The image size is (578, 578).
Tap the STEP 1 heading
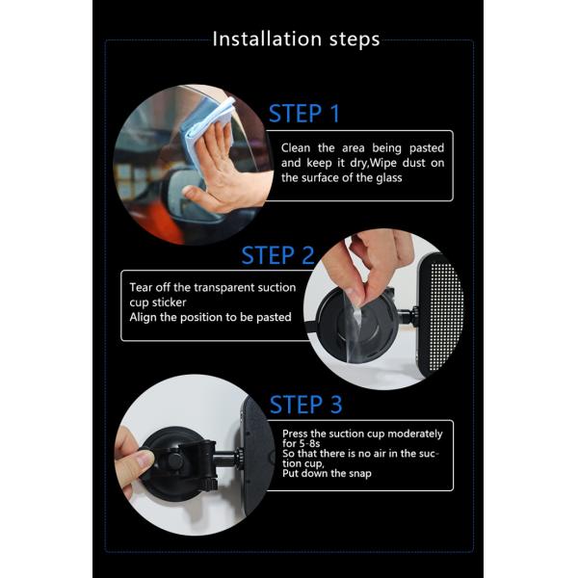[x=304, y=113]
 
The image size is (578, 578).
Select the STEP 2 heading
[x=277, y=255]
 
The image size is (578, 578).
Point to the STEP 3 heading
[x=306, y=405]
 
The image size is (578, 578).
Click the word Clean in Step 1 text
[x=296, y=148]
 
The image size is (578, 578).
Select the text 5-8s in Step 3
[x=309, y=443]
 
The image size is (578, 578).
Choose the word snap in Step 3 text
[x=360, y=474]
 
